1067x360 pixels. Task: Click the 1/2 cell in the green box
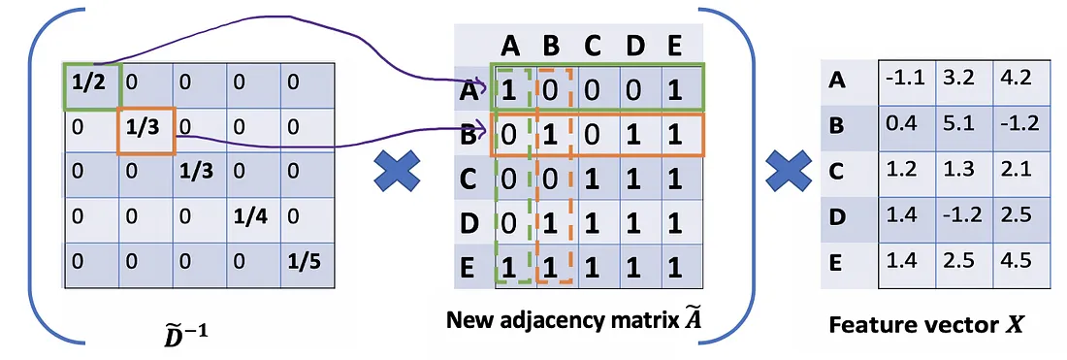pos(92,85)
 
